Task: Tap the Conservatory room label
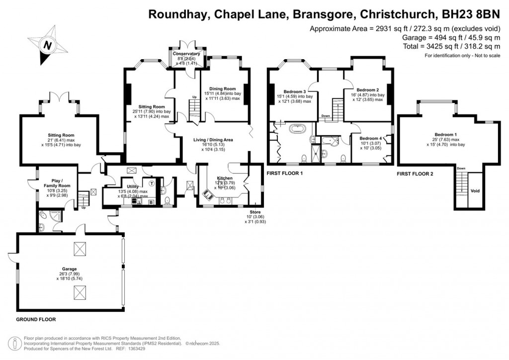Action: point(186,54)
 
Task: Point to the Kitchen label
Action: point(225,178)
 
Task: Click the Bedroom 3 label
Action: point(295,91)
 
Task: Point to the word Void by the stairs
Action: point(475,190)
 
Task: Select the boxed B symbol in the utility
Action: point(151,202)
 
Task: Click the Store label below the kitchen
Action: point(254,212)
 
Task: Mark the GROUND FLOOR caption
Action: point(36,319)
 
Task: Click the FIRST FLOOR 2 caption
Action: point(416,174)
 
